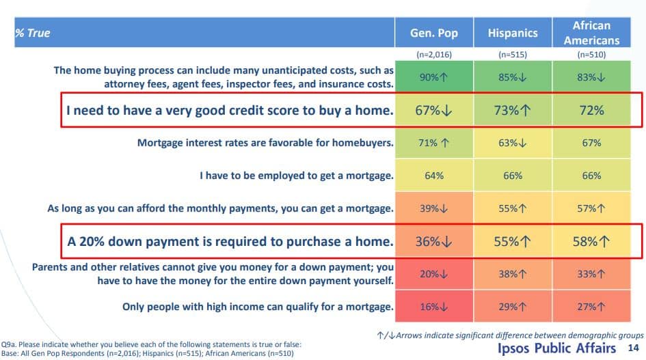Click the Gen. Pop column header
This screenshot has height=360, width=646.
click(x=434, y=33)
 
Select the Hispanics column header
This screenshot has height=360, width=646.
click(x=513, y=33)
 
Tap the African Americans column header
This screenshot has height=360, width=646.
click(x=591, y=33)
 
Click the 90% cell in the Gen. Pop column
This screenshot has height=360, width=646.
click(x=434, y=77)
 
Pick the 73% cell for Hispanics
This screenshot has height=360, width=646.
click(x=513, y=111)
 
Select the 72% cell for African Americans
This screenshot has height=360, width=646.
click(x=591, y=111)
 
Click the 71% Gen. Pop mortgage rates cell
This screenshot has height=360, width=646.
click(x=434, y=143)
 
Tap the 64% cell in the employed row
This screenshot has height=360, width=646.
click(x=434, y=176)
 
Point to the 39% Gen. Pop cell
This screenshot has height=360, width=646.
click(x=434, y=208)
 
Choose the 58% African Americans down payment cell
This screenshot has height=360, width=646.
click(x=591, y=241)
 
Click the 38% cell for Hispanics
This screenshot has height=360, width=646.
click(x=513, y=274)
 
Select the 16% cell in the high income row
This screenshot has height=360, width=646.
click(x=434, y=307)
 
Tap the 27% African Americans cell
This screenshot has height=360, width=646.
click(x=591, y=307)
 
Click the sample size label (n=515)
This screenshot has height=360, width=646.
click(x=513, y=55)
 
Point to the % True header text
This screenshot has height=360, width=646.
click(x=33, y=33)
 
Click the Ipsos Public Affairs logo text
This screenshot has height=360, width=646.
click(x=556, y=348)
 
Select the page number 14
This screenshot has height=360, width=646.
click(x=633, y=348)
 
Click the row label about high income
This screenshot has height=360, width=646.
click(x=258, y=307)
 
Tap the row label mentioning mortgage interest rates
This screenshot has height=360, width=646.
click(x=265, y=143)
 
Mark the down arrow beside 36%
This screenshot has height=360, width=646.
click(x=446, y=242)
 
